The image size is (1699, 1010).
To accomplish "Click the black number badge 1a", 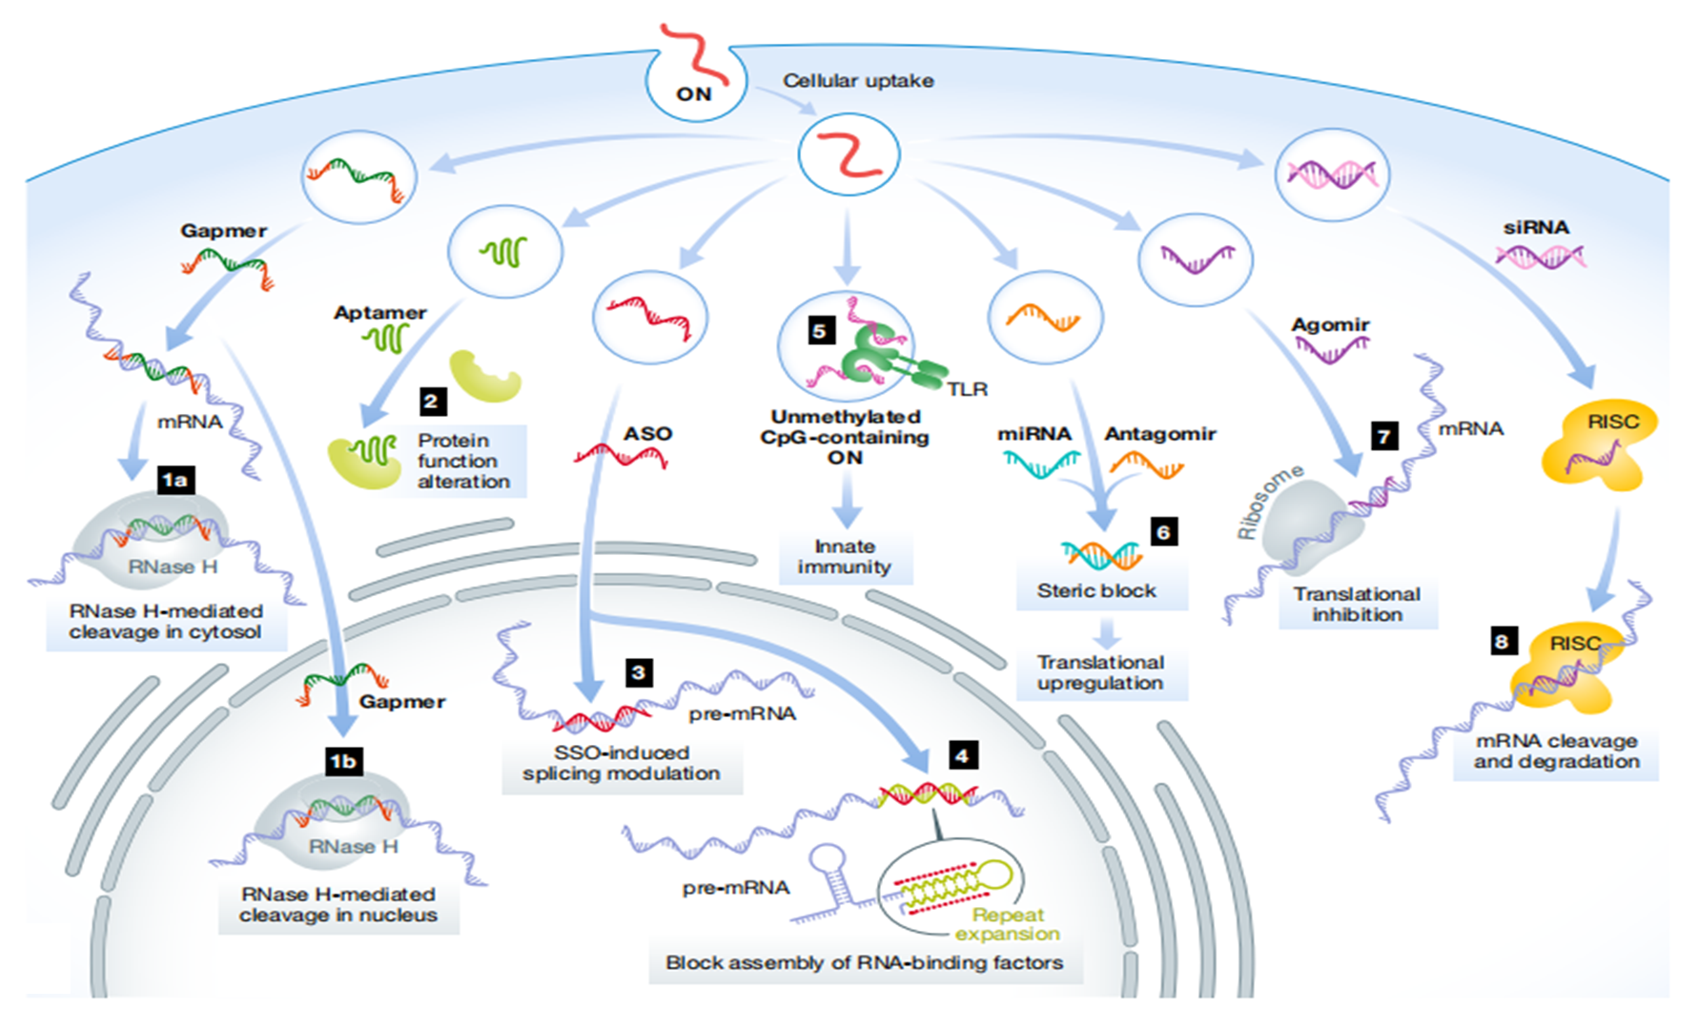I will [x=175, y=479].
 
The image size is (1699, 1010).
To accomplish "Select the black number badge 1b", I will [x=342, y=760].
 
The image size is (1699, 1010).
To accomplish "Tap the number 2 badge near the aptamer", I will [x=432, y=401].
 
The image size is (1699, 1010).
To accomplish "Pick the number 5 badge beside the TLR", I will [x=819, y=331].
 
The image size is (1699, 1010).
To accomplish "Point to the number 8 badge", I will [x=1502, y=641].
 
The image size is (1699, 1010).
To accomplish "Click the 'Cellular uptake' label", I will [x=858, y=81].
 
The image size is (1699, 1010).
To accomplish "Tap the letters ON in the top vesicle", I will [x=693, y=93].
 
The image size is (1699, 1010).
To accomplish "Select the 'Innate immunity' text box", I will [x=845, y=557].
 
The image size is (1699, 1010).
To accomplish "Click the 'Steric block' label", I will [x=1096, y=590].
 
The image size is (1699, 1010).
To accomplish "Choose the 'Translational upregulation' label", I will [x=1100, y=672].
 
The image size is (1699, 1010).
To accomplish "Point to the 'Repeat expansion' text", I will [x=1008, y=924].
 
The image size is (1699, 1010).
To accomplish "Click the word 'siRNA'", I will [x=1536, y=228].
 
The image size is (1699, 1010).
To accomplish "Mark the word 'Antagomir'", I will [x=1160, y=434].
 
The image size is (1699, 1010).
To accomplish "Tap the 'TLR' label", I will [x=967, y=389].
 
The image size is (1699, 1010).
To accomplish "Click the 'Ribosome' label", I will [x=1268, y=502].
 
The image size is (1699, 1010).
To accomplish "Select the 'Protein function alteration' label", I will [x=463, y=461].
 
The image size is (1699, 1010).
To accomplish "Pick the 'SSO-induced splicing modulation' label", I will [x=622, y=763].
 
